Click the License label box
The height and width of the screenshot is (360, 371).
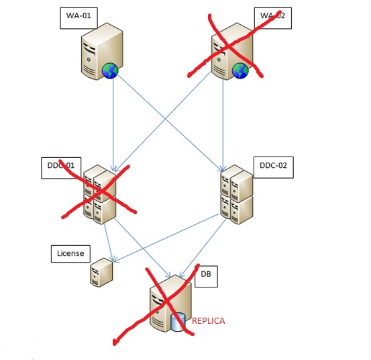(70, 253)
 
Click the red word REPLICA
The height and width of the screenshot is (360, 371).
(208, 321)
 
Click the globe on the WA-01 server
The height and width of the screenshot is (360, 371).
(110, 71)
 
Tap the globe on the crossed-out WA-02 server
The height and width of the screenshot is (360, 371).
(240, 71)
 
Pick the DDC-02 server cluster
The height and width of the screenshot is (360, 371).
(236, 195)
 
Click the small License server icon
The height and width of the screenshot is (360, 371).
(101, 273)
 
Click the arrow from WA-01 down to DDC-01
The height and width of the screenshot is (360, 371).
(113, 121)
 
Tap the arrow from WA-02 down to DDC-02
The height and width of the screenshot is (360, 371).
(222, 121)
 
